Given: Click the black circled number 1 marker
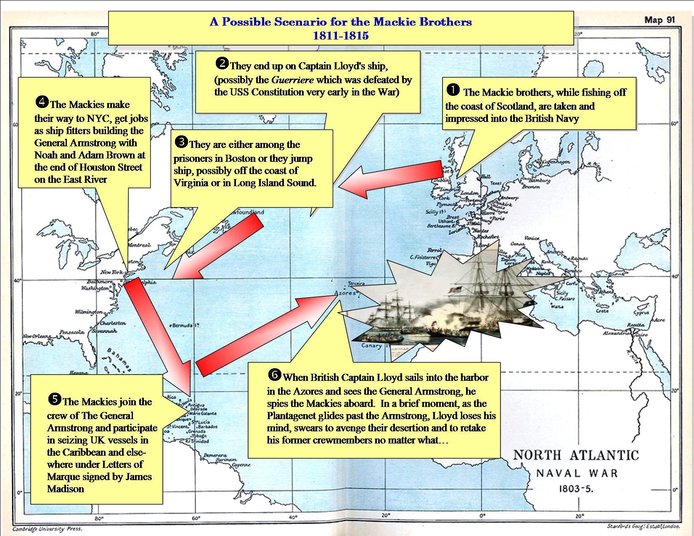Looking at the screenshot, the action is (x=453, y=90).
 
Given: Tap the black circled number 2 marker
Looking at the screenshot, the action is (x=222, y=63).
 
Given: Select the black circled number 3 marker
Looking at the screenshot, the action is (x=181, y=142).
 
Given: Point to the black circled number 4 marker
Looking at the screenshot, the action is (x=42, y=102).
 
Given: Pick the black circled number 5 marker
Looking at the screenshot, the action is (x=55, y=399).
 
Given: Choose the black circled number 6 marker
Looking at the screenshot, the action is (x=274, y=375).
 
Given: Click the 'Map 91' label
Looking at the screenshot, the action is (x=660, y=20).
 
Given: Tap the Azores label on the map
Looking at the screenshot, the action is (x=344, y=293).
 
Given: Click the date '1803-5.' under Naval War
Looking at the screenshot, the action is (x=576, y=489).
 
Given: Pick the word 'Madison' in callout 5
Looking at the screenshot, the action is (x=66, y=489).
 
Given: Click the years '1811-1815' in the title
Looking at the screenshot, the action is (x=340, y=35).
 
